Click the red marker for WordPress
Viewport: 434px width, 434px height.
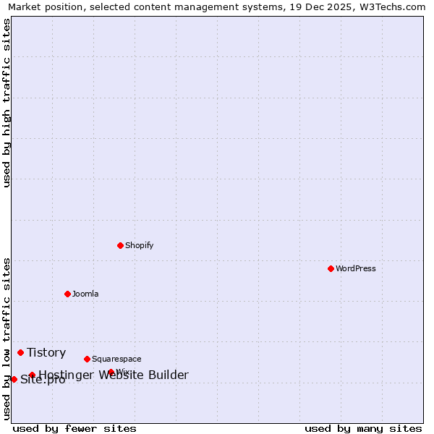(x=331, y=268)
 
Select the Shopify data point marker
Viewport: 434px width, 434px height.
(x=120, y=245)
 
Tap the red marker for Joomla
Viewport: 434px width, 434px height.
(x=67, y=294)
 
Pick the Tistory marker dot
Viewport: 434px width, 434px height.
(x=20, y=352)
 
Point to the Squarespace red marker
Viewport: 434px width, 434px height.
(x=87, y=359)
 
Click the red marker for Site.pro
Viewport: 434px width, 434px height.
(x=14, y=379)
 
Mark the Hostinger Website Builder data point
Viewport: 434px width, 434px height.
(x=32, y=375)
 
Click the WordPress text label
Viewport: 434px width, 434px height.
(x=356, y=268)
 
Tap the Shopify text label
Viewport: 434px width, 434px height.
(x=140, y=245)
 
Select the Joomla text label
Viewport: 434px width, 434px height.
(x=85, y=294)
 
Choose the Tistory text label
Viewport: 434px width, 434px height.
(x=46, y=352)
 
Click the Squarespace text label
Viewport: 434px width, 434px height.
(x=116, y=359)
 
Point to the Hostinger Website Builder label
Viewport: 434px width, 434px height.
(x=114, y=375)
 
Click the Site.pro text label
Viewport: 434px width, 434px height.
(x=43, y=380)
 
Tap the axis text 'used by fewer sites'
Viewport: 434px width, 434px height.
(x=75, y=428)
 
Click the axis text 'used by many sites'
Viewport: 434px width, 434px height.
(x=363, y=428)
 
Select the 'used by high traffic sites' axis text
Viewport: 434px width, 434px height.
(x=7, y=103)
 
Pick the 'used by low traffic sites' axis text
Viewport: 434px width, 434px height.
(x=7, y=339)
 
